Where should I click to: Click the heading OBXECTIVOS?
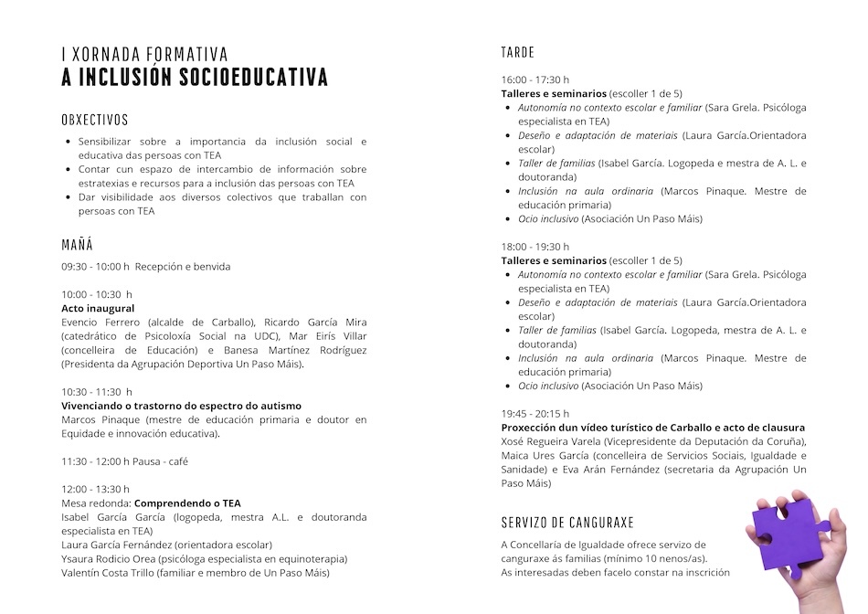click(x=95, y=120)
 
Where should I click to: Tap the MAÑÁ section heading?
click(x=77, y=245)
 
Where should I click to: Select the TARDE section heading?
click(x=517, y=52)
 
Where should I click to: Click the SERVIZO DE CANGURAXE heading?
click(x=566, y=523)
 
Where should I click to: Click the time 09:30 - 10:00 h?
click(x=95, y=267)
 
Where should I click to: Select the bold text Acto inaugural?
click(x=98, y=308)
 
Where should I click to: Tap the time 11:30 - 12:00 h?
click(x=95, y=461)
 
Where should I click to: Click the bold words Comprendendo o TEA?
click(x=187, y=503)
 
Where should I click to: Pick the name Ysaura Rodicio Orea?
click(x=108, y=558)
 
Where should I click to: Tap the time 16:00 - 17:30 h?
click(x=535, y=79)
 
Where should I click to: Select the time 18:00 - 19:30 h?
click(x=535, y=247)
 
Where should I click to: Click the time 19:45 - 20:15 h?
click(x=535, y=414)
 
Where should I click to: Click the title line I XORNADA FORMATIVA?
click(x=144, y=55)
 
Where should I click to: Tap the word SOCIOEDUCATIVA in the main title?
click(x=253, y=77)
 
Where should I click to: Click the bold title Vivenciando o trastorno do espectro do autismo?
click(x=181, y=406)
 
